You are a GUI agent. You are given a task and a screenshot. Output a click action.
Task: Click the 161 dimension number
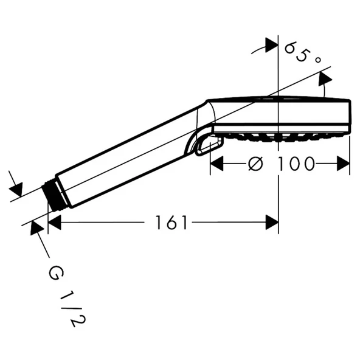171,223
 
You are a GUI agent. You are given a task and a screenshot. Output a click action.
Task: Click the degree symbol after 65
317,60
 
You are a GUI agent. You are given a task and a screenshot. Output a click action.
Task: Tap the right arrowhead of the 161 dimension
272,223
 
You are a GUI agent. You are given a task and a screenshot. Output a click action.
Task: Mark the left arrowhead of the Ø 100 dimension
217,164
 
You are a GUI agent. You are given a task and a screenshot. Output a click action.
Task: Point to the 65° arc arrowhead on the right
325,78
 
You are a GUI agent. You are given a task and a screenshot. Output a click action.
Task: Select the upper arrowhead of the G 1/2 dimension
16,189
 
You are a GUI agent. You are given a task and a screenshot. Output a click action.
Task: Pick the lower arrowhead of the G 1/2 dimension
37,228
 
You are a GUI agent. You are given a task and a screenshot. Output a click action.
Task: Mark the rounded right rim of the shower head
347,116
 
